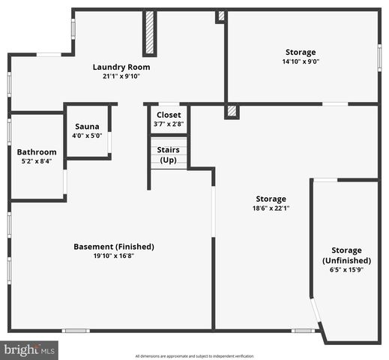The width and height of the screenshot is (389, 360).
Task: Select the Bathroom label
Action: [x=37, y=151]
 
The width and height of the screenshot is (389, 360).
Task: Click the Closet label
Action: [x=169, y=115]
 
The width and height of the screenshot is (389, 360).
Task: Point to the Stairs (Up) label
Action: [x=169, y=154]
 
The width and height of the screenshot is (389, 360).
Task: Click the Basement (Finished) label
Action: [x=114, y=246]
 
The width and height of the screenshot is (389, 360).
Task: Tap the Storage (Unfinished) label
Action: [x=346, y=255]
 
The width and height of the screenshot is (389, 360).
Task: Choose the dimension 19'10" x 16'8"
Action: [x=114, y=256]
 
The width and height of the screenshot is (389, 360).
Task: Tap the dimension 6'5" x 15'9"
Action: [x=346, y=270]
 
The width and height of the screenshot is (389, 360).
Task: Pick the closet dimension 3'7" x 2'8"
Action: [x=169, y=124]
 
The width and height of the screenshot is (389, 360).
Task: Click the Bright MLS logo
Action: [x=30, y=349]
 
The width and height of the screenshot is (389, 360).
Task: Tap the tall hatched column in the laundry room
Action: [x=149, y=32]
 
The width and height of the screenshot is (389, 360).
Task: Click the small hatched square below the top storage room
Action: [x=232, y=111]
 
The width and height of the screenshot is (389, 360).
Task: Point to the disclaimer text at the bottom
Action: [x=194, y=355]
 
